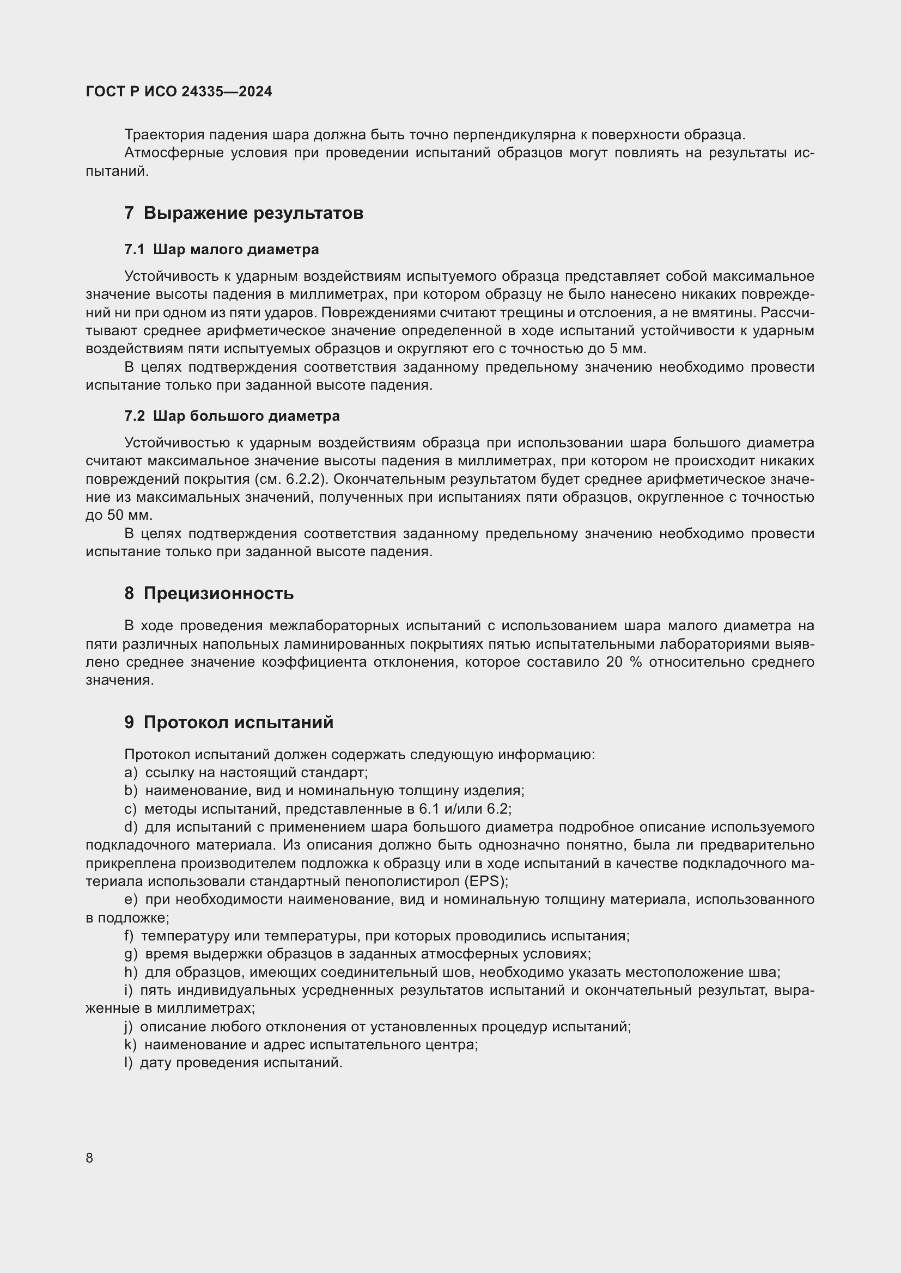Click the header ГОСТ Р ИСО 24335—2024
[179, 92]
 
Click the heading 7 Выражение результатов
[243, 213]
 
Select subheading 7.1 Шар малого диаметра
[221, 249]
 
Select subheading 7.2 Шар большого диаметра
[232, 416]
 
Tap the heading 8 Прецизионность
[209, 593]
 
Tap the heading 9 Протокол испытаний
[229, 722]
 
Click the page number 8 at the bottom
[89, 1158]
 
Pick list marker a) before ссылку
[130, 773]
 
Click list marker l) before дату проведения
[129, 1063]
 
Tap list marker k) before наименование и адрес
[130, 1044]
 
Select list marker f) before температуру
[129, 936]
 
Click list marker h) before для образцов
[130, 972]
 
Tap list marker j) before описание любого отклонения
[129, 1026]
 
